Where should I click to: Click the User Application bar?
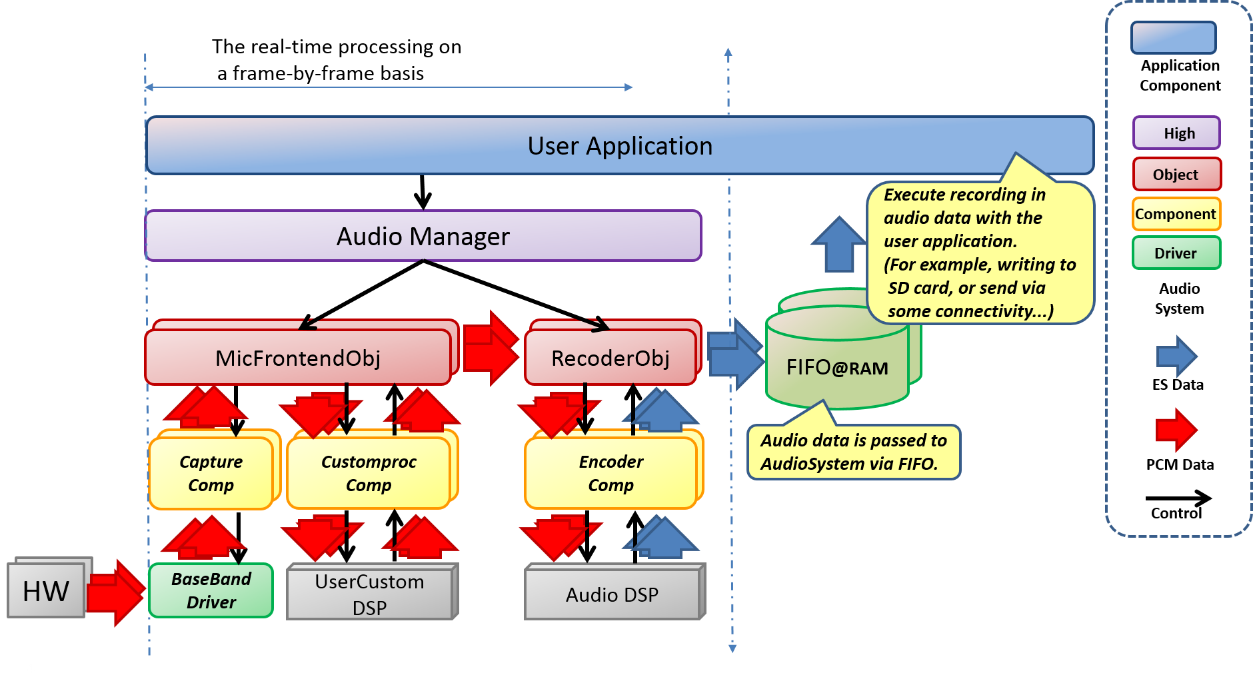click(620, 145)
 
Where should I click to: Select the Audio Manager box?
click(423, 236)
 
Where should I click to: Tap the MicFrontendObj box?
click(298, 358)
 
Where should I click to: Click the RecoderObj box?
click(610, 358)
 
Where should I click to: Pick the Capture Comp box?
click(211, 473)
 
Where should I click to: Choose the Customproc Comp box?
click(369, 473)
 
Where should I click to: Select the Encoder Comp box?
click(611, 473)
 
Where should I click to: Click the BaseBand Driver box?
click(211, 590)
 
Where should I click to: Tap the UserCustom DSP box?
click(369, 594)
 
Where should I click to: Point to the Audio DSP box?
click(612, 594)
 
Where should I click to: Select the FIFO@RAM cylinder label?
click(836, 367)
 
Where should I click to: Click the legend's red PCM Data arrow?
click(1176, 430)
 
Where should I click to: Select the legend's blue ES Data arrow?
click(1176, 356)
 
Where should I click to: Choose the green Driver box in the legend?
click(1176, 253)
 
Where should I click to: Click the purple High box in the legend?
click(1176, 133)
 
